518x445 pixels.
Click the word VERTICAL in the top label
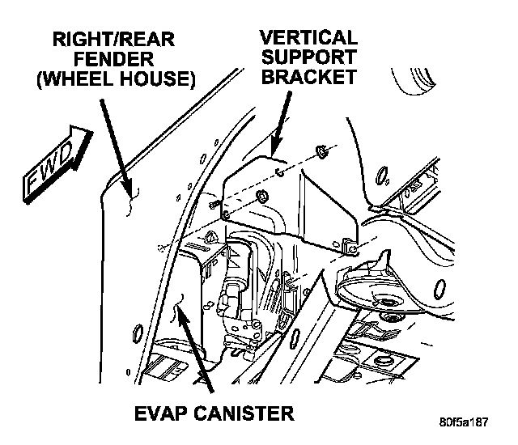(x=307, y=37)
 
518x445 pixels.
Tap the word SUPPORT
(x=307, y=57)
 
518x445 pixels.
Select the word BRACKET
(x=307, y=78)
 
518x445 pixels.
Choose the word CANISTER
(x=240, y=415)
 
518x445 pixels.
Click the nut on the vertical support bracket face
(x=262, y=197)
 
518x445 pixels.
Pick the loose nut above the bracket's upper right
(x=321, y=150)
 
